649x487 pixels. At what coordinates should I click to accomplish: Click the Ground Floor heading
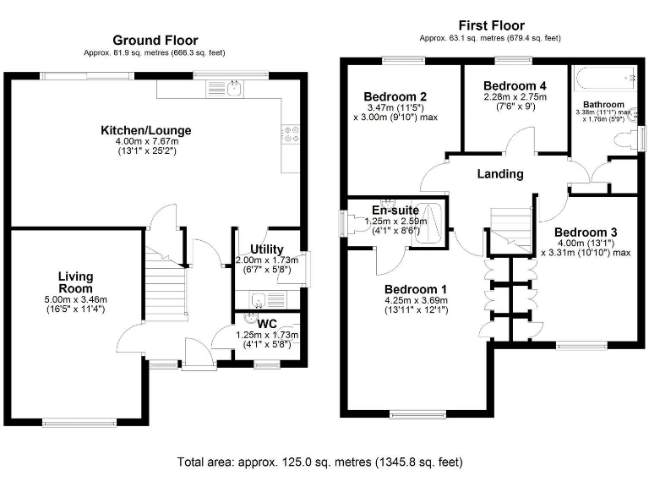[x=155, y=40]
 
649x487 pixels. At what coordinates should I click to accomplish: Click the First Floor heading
[x=490, y=25]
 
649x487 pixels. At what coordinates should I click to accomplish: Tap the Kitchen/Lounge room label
[x=145, y=130]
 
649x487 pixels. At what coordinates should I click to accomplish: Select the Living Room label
[x=75, y=282]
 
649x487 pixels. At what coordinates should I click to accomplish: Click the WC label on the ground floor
[x=267, y=322]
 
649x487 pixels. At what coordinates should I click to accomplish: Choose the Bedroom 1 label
[x=415, y=289]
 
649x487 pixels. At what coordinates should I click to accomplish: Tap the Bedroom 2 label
[x=394, y=96]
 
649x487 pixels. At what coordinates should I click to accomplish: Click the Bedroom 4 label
[x=515, y=86]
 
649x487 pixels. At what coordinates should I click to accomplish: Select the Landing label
[x=500, y=174]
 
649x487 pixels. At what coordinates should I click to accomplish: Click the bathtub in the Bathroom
[x=606, y=79]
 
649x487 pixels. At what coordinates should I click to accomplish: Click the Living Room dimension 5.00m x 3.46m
[x=75, y=299]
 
